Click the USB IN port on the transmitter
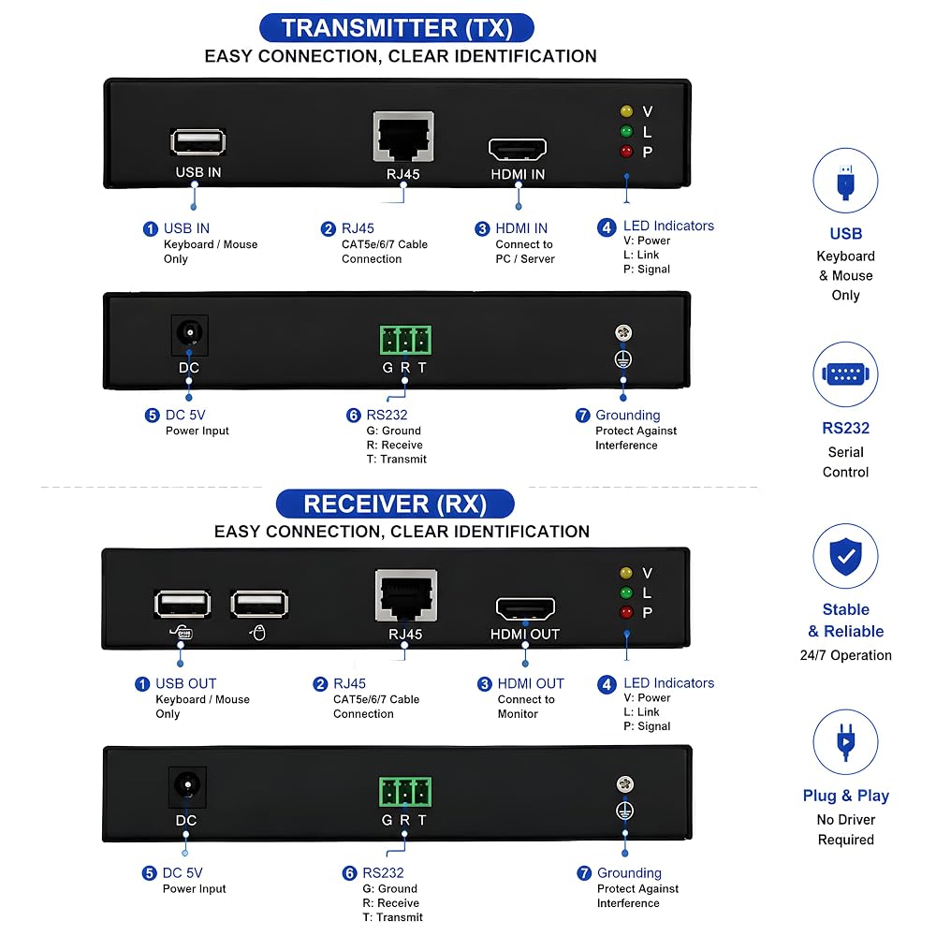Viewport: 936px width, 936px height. pyautogui.click(x=197, y=142)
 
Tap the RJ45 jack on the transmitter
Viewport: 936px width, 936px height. pyautogui.click(x=403, y=137)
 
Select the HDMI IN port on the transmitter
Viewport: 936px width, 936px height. pyautogui.click(x=518, y=149)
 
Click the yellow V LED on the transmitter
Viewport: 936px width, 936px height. pyautogui.click(x=626, y=111)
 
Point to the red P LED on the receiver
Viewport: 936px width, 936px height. pyautogui.click(x=626, y=612)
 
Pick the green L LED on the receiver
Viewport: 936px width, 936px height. pyautogui.click(x=626, y=592)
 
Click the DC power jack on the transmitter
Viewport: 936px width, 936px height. pyautogui.click(x=189, y=332)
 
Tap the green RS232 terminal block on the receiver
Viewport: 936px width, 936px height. pyautogui.click(x=404, y=792)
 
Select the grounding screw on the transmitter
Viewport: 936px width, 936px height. pyautogui.click(x=623, y=332)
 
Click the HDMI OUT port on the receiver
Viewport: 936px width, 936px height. pyautogui.click(x=525, y=609)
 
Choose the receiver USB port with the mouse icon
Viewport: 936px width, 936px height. pyautogui.click(x=259, y=604)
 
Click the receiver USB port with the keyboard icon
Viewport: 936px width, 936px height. pyautogui.click(x=183, y=604)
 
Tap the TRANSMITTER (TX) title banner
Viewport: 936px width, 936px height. pyautogui.click(x=396, y=28)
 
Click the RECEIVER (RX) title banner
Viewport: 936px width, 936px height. pyautogui.click(x=395, y=504)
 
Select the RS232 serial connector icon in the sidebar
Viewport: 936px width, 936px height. pyautogui.click(x=845, y=374)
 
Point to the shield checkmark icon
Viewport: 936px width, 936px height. pyautogui.click(x=845, y=556)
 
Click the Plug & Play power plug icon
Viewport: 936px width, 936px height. pyautogui.click(x=845, y=742)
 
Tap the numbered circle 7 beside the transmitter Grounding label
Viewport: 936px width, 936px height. pyautogui.click(x=582, y=415)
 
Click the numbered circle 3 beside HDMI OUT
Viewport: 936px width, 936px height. pyautogui.click(x=485, y=684)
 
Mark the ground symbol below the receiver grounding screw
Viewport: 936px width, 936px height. pyautogui.click(x=624, y=811)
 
